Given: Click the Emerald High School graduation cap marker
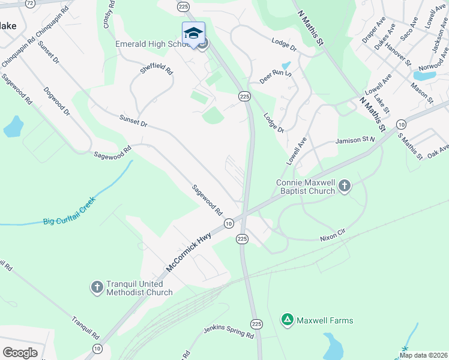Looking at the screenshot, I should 193,34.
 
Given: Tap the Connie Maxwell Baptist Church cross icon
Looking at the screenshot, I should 345,186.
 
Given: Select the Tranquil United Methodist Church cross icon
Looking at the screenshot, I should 97,287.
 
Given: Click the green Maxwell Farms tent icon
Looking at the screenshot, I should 288,320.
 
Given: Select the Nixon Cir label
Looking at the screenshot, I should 334,238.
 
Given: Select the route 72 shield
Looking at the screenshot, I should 31,3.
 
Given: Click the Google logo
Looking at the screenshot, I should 20,352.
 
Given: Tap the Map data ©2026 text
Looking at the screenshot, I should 423,355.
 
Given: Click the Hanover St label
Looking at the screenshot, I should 399,53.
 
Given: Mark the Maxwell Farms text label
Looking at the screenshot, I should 325,320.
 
